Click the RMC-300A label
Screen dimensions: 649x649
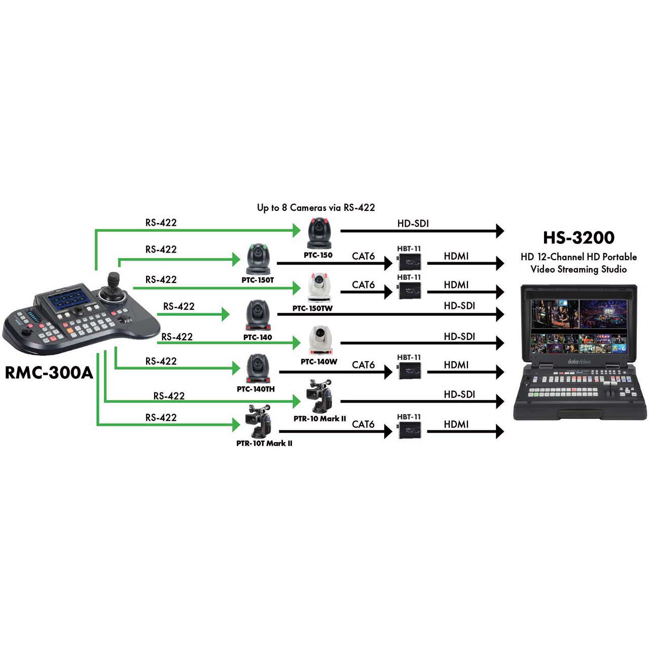pyautogui.click(x=49, y=373)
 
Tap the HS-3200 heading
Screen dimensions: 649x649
pyautogui.click(x=579, y=238)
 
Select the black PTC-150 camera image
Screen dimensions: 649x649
pyautogui.click(x=319, y=233)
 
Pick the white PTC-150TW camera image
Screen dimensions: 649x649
pyautogui.click(x=318, y=287)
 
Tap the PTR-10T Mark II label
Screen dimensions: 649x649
pyautogui.click(x=264, y=444)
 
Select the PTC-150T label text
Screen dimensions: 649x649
pyautogui.click(x=258, y=280)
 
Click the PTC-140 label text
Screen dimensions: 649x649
pyautogui.click(x=258, y=337)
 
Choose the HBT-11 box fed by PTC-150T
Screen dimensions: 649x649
pyautogui.click(x=409, y=262)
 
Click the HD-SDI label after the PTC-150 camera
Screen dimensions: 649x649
pyautogui.click(x=413, y=223)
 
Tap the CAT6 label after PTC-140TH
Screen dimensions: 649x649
pyautogui.click(x=363, y=365)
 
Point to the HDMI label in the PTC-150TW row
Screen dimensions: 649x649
pyautogui.click(x=456, y=284)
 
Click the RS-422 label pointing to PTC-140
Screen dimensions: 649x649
pyautogui.click(x=178, y=306)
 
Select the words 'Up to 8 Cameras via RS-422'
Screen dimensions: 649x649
pyautogui.click(x=316, y=207)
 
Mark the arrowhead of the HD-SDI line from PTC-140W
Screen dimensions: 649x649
pyautogui.click(x=499, y=343)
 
